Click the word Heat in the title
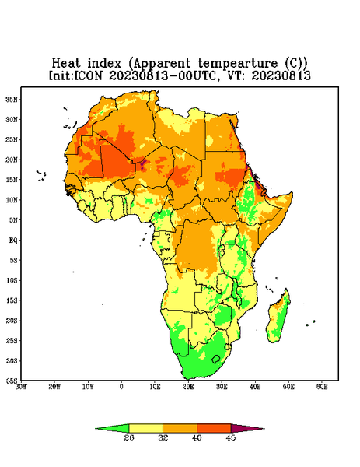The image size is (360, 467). tap(66, 64)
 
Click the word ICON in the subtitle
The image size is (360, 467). tap(88, 75)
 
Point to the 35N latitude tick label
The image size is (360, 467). tap(12, 100)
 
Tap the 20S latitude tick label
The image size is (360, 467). tap(12, 321)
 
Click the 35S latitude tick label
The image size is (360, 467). tap(12, 381)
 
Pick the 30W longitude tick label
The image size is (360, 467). tap(21, 387)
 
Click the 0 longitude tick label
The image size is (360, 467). tap(121, 387)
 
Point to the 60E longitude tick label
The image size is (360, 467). tap(322, 387)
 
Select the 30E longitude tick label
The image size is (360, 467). tap(222, 387)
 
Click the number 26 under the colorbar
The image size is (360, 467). tap(129, 437)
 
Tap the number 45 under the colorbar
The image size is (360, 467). tap(231, 437)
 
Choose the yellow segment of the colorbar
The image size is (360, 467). tap(145, 428)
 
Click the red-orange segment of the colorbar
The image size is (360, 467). tap(214, 428)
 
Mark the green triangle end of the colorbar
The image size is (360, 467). tap(112, 428)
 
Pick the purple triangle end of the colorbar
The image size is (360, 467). tap(248, 428)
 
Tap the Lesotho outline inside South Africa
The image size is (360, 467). tap(215, 359)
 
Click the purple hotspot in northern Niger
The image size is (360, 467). tap(143, 163)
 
